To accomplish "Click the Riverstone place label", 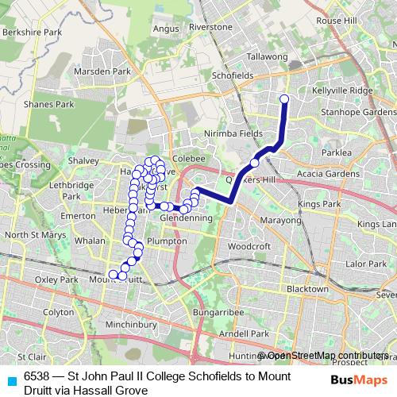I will [x=210, y=27].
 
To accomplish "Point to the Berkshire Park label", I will [x=33, y=33].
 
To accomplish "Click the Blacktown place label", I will [x=307, y=289].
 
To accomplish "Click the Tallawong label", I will [x=267, y=57].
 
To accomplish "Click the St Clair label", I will [x=32, y=357].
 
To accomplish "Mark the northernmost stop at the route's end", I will [x=284, y=99].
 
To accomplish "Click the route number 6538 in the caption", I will [x=37, y=376].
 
